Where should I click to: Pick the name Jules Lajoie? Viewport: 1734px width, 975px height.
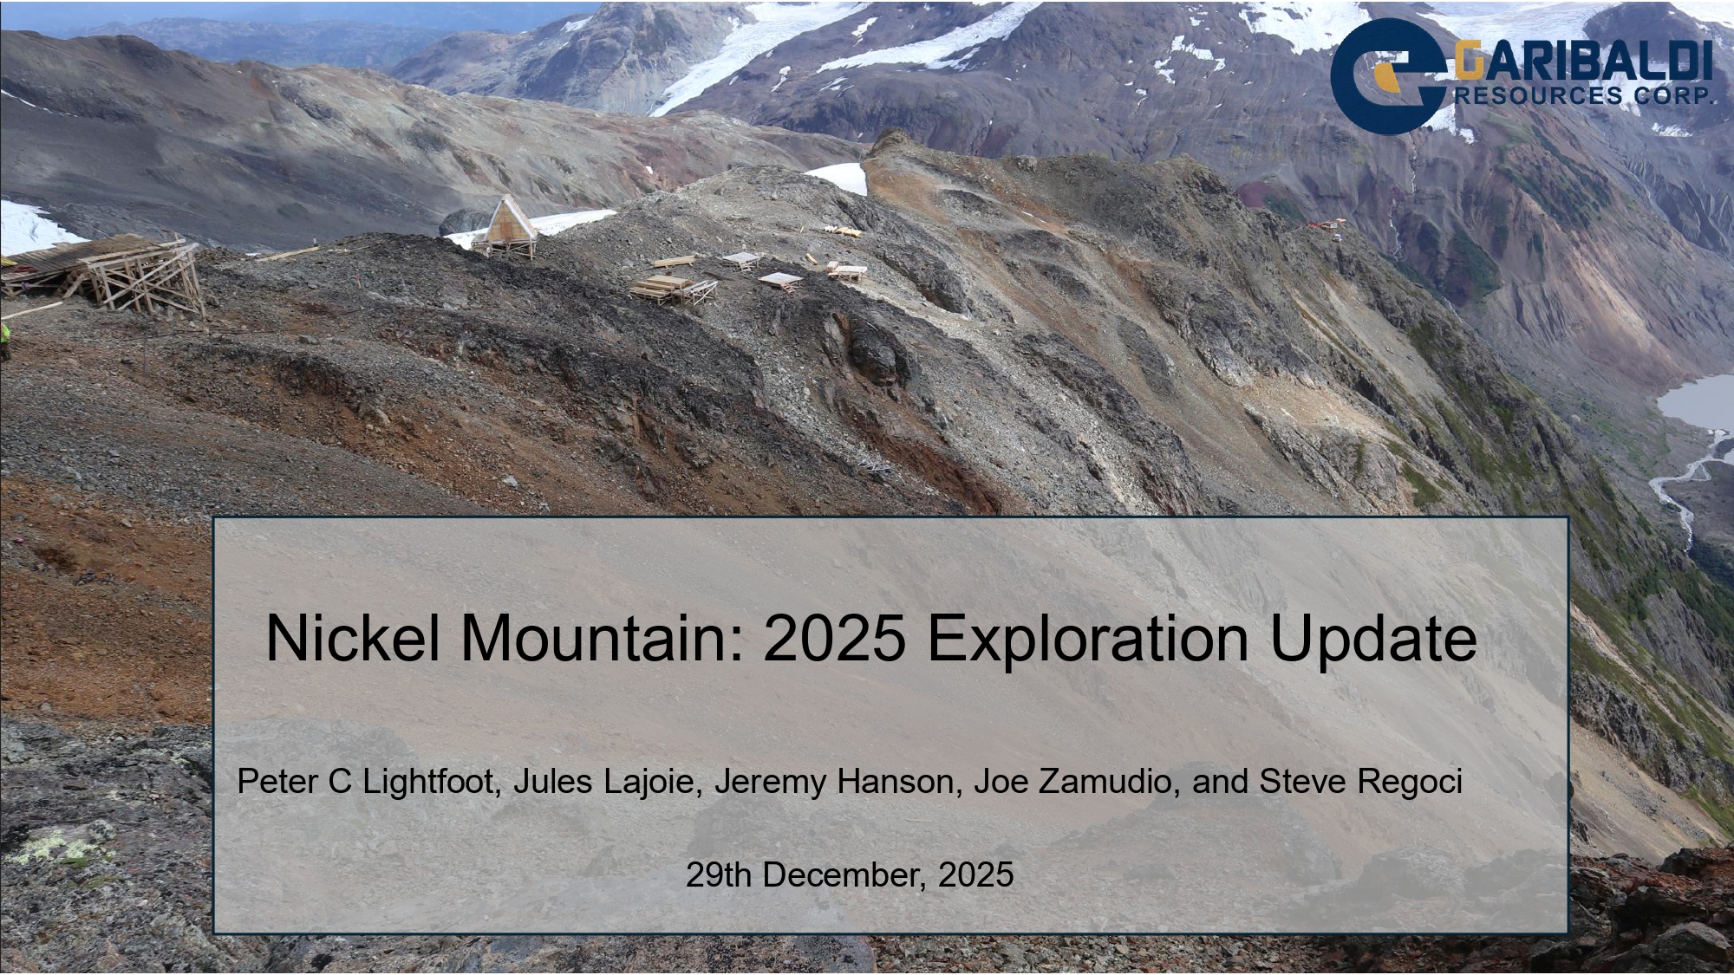607,782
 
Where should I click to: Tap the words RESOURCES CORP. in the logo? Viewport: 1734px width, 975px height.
1583,95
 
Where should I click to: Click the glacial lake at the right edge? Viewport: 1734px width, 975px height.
1699,402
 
